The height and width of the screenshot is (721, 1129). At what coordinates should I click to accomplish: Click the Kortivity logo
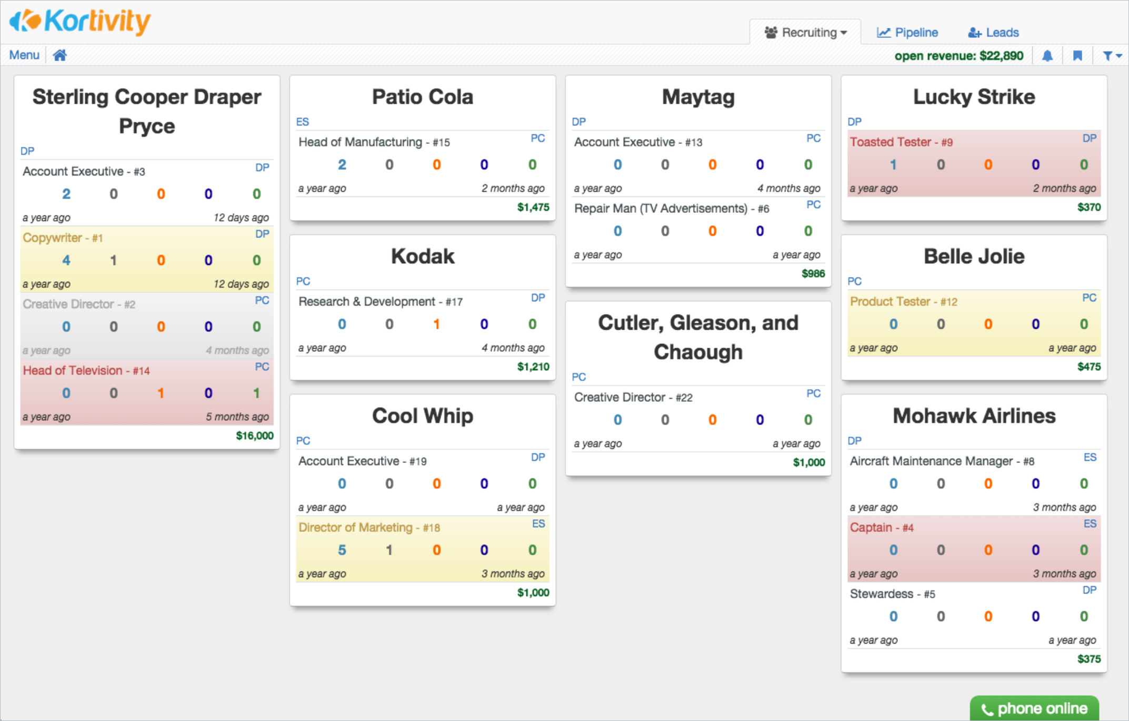[80, 22]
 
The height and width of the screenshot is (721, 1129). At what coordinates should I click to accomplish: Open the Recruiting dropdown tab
[806, 33]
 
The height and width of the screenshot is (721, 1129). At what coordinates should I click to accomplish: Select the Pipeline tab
[907, 33]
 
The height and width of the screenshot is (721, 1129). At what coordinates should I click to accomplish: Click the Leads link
[993, 33]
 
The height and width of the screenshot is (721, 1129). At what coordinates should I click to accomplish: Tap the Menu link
[24, 55]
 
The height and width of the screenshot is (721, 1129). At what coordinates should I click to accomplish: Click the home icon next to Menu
[60, 55]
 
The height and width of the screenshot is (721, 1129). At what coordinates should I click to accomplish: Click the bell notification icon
[1047, 56]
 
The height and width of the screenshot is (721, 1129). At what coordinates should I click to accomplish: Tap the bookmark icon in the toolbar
[1077, 56]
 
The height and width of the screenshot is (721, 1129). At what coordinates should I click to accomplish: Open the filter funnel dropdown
[1111, 56]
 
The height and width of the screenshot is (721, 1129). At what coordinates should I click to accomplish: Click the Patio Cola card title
[423, 97]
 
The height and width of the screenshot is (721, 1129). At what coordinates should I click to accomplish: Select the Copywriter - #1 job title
[63, 238]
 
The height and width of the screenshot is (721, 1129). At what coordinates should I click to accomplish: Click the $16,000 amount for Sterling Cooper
[255, 436]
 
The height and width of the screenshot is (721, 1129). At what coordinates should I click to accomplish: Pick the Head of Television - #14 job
[86, 371]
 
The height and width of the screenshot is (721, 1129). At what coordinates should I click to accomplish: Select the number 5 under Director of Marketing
[342, 550]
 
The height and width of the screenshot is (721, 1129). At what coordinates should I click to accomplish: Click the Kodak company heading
[423, 257]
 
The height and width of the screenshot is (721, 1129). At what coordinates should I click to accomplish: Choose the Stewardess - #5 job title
[892, 594]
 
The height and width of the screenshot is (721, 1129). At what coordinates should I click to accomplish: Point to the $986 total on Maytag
[813, 273]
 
